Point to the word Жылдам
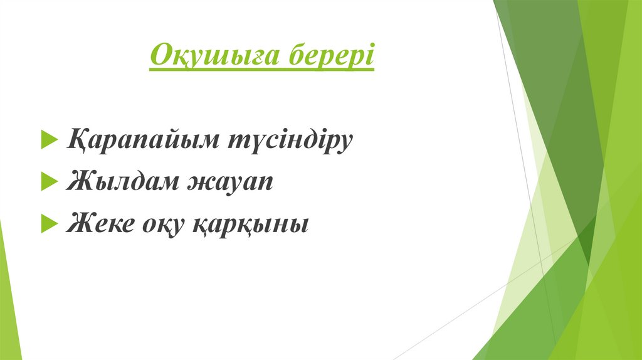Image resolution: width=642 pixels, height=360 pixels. [x=119, y=182]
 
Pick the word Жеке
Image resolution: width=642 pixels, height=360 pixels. [x=97, y=223]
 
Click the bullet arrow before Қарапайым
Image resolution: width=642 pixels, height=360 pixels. [x=48, y=139]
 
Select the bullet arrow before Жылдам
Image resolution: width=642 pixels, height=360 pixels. [x=48, y=182]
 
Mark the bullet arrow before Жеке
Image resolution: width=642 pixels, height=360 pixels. [x=48, y=223]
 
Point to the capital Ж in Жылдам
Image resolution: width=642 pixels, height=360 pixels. [x=79, y=181]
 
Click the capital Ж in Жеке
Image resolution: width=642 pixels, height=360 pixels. [x=79, y=223]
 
